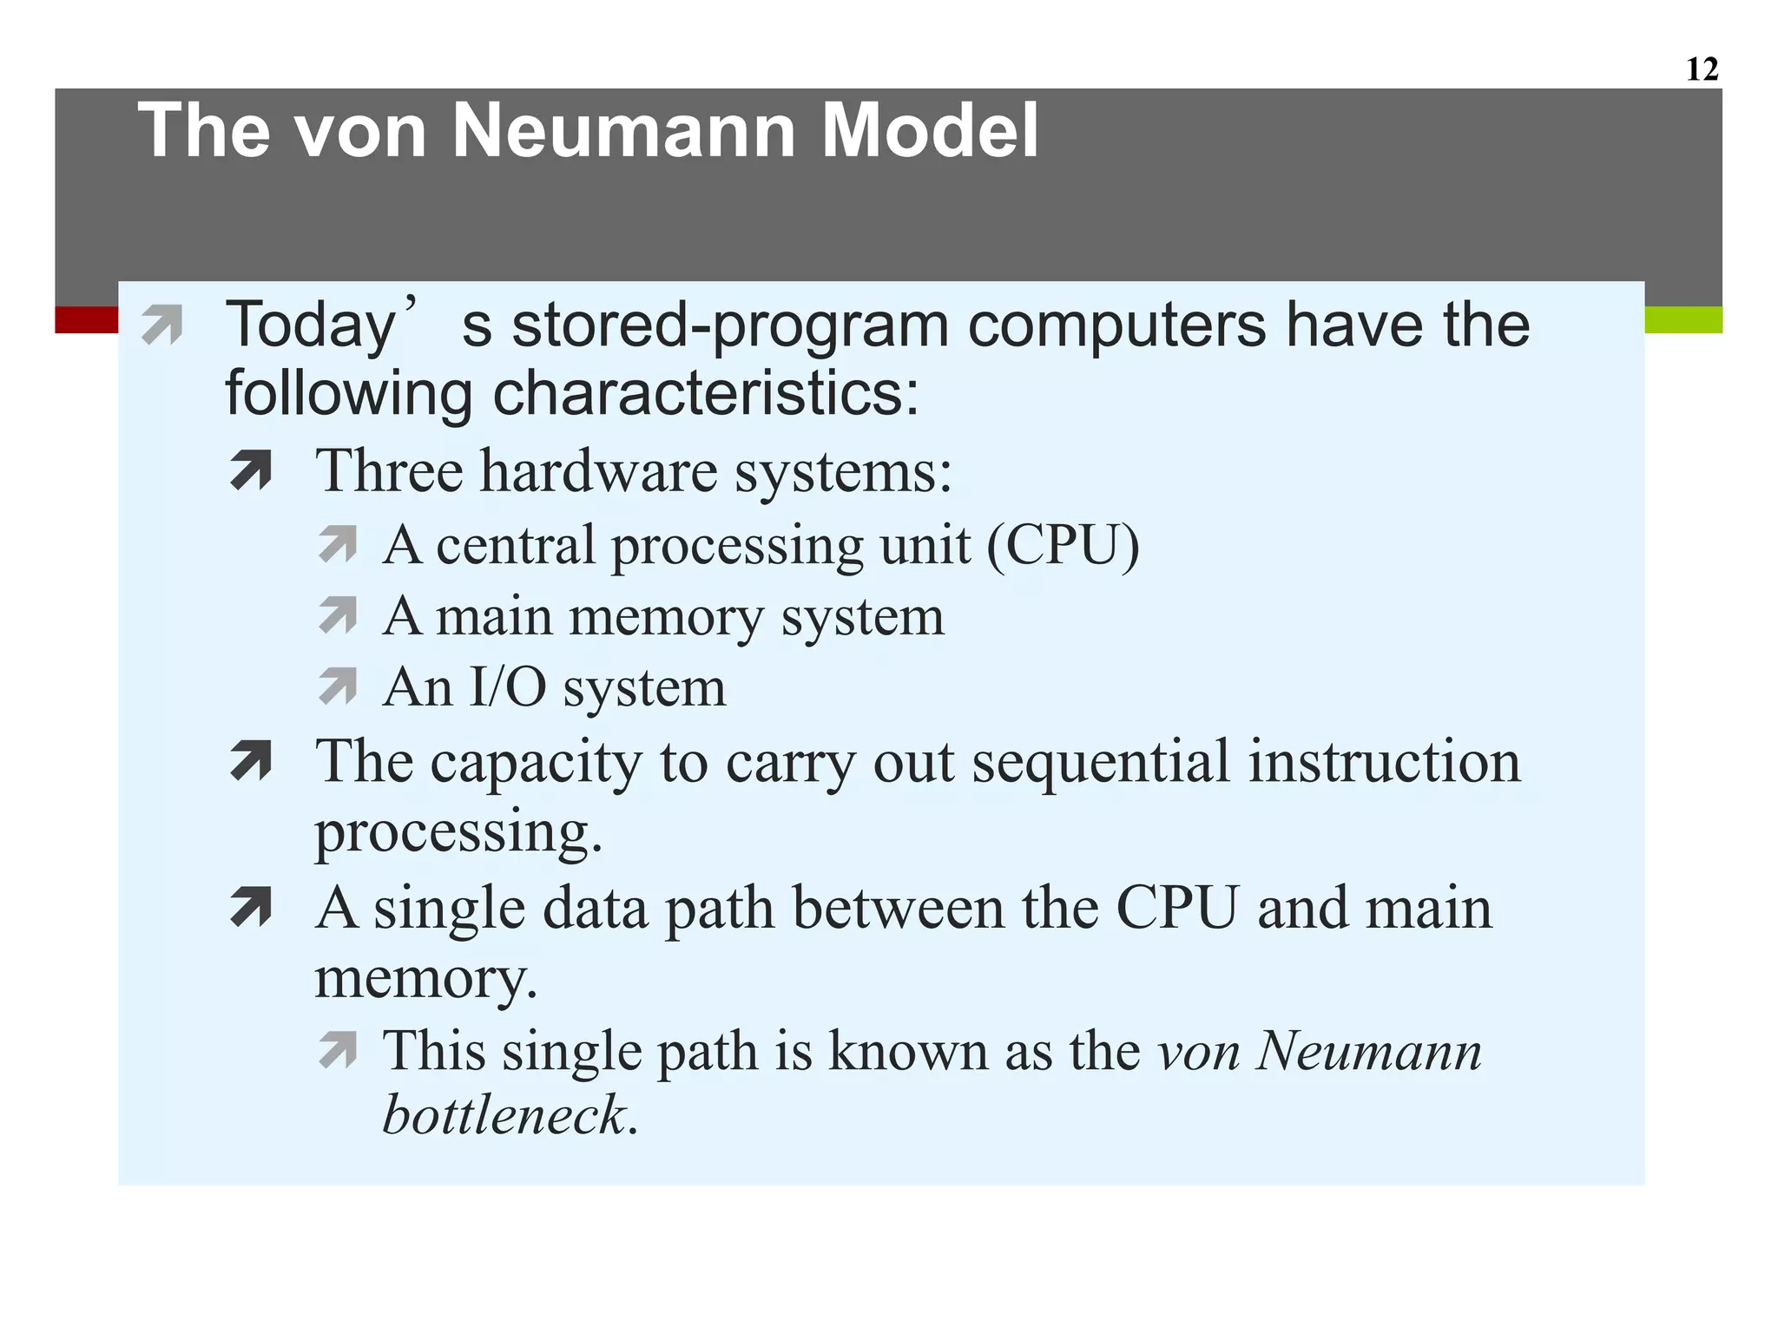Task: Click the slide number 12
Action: (x=1702, y=69)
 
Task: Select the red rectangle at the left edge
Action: (x=86, y=319)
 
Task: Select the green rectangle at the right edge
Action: (x=1683, y=319)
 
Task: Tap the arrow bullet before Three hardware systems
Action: (x=251, y=471)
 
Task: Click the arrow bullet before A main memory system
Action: (x=337, y=615)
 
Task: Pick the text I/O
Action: (x=508, y=687)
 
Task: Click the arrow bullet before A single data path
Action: (x=251, y=908)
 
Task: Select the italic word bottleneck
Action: (x=504, y=1114)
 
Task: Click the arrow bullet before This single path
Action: (x=337, y=1050)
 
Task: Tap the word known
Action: (x=908, y=1050)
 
